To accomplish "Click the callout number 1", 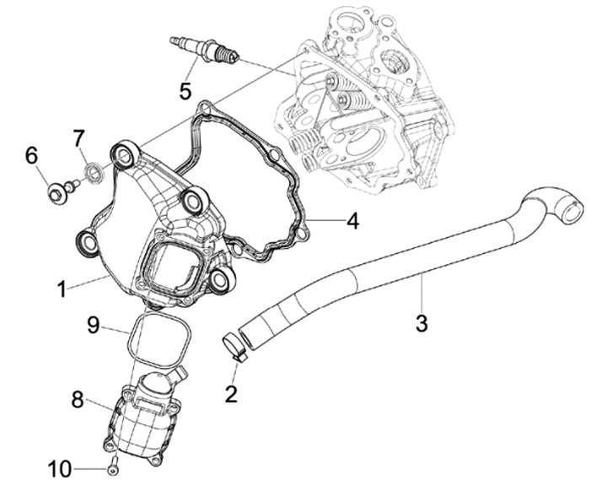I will pos(62,289).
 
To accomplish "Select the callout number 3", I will pos(422,322).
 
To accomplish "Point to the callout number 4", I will pos(352,221).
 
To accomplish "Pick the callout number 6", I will pos(32,154).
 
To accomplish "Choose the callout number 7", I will pos(78,138).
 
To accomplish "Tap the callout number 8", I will pos(77,400).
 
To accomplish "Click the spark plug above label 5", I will pos(205,51).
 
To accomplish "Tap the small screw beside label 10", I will pos(113,465).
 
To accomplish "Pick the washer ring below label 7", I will pos(96,173).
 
